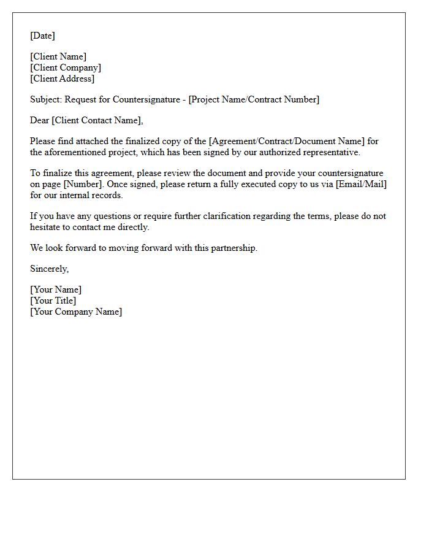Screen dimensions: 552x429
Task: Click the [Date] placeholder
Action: coord(42,36)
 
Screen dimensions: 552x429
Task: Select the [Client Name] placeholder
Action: coord(58,56)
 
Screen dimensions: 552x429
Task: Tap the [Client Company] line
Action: coord(66,67)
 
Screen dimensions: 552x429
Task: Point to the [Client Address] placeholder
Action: coord(62,79)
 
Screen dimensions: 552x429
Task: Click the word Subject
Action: coord(45,99)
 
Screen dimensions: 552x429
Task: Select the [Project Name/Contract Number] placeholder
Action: coord(254,99)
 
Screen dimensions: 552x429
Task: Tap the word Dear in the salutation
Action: coord(40,120)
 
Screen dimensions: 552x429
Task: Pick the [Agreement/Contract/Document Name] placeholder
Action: coord(287,141)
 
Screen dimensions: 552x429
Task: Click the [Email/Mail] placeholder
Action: coord(361,184)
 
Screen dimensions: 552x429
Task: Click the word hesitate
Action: coord(46,227)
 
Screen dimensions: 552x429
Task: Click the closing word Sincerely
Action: coord(49,269)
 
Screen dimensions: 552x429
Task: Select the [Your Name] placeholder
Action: coord(56,289)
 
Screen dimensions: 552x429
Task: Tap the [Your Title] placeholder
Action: coord(53,301)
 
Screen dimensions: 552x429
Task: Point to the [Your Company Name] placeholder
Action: coord(76,312)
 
